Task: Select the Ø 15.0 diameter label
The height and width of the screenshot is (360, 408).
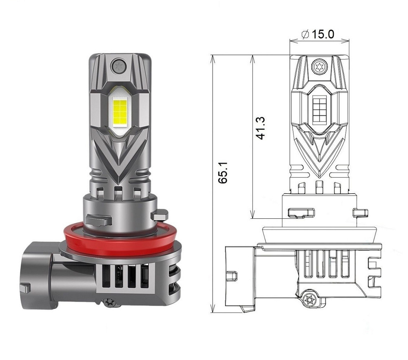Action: (319, 34)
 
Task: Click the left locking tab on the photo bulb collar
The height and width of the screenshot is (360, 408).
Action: (98, 220)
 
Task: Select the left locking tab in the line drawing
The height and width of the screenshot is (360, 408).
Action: (301, 212)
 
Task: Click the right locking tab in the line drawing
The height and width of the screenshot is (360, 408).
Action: (360, 212)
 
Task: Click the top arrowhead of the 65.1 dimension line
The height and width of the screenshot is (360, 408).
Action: (212, 57)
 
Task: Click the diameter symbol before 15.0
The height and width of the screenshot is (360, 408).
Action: (306, 35)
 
